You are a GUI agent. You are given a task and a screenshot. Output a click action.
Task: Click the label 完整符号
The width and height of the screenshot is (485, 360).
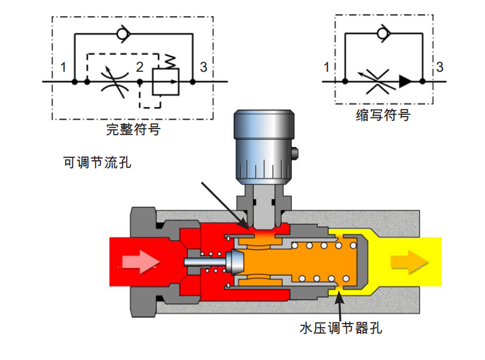pyautogui.click(x=133, y=129)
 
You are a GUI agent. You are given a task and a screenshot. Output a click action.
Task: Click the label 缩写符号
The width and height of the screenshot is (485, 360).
pyautogui.click(x=383, y=115)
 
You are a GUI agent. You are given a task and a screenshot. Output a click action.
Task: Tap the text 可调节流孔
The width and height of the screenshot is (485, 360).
pyautogui.click(x=97, y=162)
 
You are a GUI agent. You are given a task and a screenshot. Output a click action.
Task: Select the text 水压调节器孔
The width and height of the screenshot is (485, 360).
pyautogui.click(x=341, y=328)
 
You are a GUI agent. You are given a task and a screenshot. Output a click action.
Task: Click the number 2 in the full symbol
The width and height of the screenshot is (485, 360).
pyautogui.click(x=140, y=67)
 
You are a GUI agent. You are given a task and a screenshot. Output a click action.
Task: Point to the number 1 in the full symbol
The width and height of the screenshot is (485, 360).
pyautogui.click(x=63, y=67)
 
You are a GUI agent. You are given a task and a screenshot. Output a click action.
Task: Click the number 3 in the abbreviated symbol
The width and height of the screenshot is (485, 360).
pyautogui.click(x=440, y=67)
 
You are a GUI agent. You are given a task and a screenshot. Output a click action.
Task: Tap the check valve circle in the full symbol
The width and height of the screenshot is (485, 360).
pyautogui.click(x=123, y=33)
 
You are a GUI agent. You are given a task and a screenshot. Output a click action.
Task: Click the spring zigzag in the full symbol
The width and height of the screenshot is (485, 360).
pyautogui.click(x=170, y=61)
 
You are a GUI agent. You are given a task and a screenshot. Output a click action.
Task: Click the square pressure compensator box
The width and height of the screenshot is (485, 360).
pyautogui.click(x=166, y=82)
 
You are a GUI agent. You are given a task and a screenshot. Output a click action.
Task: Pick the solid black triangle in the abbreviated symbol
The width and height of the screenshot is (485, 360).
pyautogui.click(x=405, y=81)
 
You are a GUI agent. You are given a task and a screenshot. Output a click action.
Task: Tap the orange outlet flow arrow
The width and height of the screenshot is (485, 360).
pyautogui.click(x=409, y=262)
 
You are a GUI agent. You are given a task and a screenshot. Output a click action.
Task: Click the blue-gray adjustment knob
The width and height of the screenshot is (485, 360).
pyautogui.click(x=264, y=145)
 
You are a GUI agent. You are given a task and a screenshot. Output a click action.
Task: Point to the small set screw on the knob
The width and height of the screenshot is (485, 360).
pyautogui.click(x=295, y=153)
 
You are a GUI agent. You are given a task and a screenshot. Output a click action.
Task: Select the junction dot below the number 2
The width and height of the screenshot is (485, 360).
pyautogui.click(x=140, y=82)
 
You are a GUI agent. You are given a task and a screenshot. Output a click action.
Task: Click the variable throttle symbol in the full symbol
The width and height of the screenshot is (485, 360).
pyautogui.click(x=115, y=81)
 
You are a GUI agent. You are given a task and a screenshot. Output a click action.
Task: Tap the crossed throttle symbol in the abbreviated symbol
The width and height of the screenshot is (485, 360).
pyautogui.click(x=377, y=81)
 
